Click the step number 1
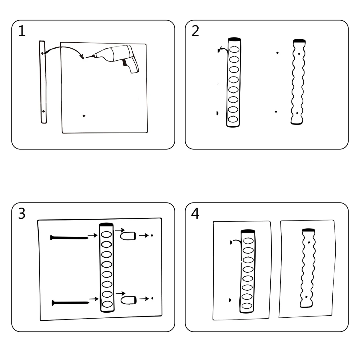click(22, 31)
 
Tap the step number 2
click(195, 31)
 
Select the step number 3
click(22, 214)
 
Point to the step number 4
click(195, 213)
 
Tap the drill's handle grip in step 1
click(131, 65)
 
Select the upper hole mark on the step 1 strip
click(42, 53)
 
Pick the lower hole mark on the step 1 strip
click(43, 111)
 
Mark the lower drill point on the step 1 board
click(84, 116)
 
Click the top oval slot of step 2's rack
click(234, 49)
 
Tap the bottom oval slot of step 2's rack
click(233, 119)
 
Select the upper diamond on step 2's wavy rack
click(299, 54)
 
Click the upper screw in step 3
click(69, 238)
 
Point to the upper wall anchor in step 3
click(128, 236)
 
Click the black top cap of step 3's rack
click(106, 225)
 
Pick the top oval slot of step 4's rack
click(248, 241)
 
